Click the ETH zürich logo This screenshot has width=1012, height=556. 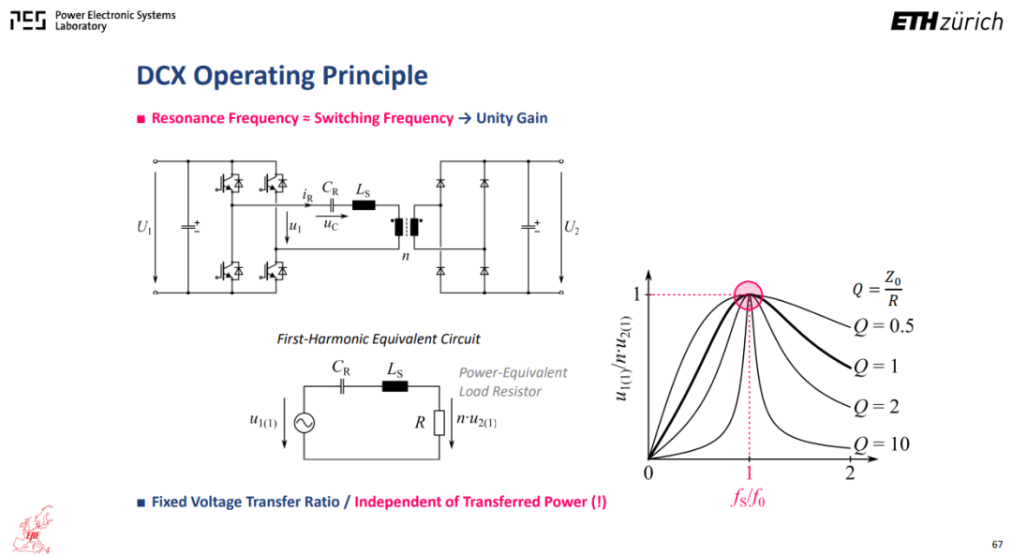pyautogui.click(x=946, y=22)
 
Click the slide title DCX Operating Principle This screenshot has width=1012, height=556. pyautogui.click(x=282, y=76)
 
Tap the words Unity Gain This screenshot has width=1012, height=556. pyautogui.click(x=512, y=118)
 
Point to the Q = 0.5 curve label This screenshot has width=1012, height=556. pyautogui.click(x=884, y=326)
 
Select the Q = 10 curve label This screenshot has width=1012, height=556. pyautogui.click(x=881, y=444)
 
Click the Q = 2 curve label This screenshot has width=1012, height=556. pyautogui.click(x=876, y=407)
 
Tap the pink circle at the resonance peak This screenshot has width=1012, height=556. pyautogui.click(x=748, y=295)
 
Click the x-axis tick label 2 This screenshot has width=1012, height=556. pyautogui.click(x=849, y=473)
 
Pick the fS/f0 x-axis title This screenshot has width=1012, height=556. pyautogui.click(x=748, y=497)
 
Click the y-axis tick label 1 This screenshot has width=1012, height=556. pyautogui.click(x=636, y=294)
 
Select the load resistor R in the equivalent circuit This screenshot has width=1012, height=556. pyautogui.click(x=439, y=423)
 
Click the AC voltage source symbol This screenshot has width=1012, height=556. pyautogui.click(x=304, y=423)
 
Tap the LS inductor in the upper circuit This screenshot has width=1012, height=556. pyautogui.click(x=364, y=205)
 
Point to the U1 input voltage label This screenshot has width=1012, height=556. pyautogui.click(x=144, y=227)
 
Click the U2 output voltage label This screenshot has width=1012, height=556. pyautogui.click(x=572, y=227)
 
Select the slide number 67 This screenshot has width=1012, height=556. pyautogui.click(x=997, y=545)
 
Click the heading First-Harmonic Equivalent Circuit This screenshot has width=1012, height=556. pyautogui.click(x=379, y=339)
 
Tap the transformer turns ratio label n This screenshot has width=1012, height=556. pyautogui.click(x=406, y=256)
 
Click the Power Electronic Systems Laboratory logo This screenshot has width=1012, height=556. pyautogui.click(x=93, y=21)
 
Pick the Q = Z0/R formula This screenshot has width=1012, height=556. pyautogui.click(x=876, y=289)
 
